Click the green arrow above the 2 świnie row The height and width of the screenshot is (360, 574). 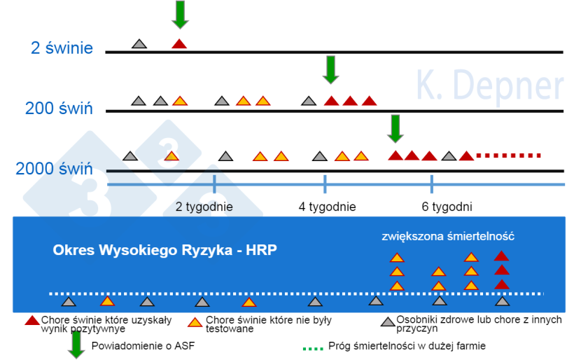[180, 14]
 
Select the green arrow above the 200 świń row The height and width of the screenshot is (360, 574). [330, 69]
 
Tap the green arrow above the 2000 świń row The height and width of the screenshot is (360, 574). [396, 128]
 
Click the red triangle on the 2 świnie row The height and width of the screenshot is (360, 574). [179, 44]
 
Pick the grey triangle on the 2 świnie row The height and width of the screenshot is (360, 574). [139, 44]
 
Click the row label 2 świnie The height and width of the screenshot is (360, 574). [62, 48]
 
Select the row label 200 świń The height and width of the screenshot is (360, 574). [59, 109]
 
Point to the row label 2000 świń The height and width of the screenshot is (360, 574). [54, 169]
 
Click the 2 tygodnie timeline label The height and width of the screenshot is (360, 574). [204, 207]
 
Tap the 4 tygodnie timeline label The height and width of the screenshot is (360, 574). [327, 207]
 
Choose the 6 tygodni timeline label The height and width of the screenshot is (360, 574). [447, 207]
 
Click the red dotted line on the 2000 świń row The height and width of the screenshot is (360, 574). [509, 155]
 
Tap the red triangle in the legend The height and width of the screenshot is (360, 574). [32, 321]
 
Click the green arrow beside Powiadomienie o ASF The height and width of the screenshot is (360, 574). [77, 345]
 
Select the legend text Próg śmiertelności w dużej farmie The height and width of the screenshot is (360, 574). [407, 346]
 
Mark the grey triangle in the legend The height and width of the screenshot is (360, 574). [388, 322]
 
